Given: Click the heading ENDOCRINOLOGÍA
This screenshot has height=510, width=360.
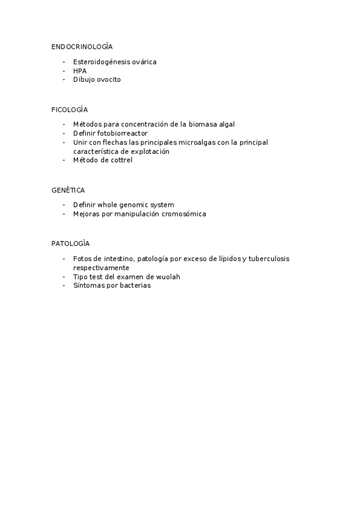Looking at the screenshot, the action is click(82, 46).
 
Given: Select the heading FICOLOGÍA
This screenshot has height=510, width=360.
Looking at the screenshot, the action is click(70, 109).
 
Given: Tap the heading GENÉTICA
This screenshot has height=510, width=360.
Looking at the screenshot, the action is click(68, 190).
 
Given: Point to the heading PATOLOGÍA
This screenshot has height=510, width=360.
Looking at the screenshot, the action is click(70, 244).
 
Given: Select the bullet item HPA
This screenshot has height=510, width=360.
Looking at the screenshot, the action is click(80, 70).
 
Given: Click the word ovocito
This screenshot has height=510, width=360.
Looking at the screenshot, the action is click(109, 79).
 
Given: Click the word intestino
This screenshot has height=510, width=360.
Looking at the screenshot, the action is click(121, 259).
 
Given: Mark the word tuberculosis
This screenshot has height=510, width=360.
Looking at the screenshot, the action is click(267, 259).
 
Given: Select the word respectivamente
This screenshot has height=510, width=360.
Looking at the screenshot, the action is click(101, 268).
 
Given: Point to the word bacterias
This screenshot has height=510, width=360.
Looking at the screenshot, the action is click(132, 286).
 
